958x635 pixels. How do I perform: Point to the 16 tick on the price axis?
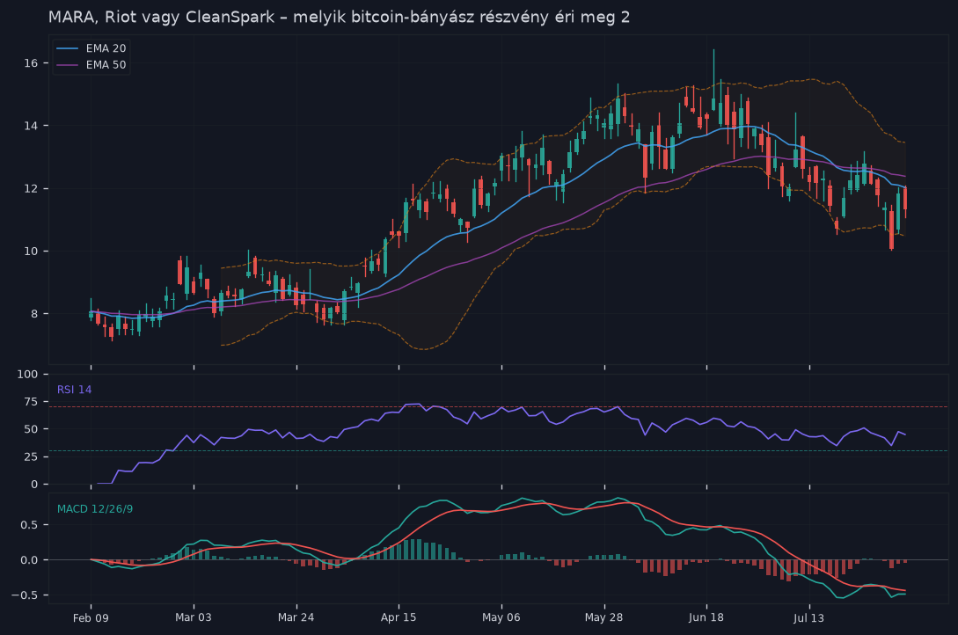coord(31,63)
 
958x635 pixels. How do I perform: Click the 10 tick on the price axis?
coord(31,251)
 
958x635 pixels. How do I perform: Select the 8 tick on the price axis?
coord(34,314)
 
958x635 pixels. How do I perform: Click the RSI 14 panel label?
coord(75,390)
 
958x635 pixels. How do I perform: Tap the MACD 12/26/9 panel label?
coord(95,509)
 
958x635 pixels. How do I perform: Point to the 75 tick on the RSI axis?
coord(31,402)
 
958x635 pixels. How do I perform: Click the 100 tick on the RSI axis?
coord(27,375)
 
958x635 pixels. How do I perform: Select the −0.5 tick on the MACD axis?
coord(25,595)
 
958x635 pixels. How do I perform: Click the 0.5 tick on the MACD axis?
coord(29,525)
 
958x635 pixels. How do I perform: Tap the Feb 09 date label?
coord(91,618)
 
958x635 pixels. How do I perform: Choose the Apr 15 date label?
coord(399,617)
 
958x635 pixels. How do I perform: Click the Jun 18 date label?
coord(706,617)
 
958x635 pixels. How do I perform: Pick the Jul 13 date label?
coord(809,618)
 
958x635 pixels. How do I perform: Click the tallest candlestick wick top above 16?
coord(713,49)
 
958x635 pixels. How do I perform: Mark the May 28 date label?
coord(603,617)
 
